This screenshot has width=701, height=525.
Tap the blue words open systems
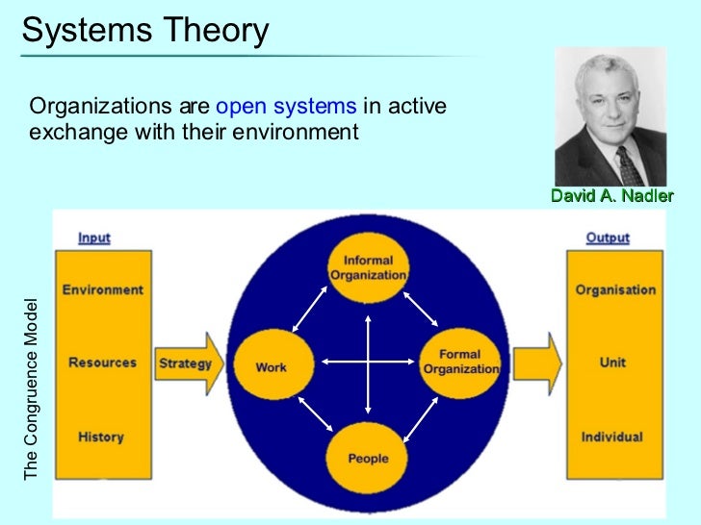(x=287, y=106)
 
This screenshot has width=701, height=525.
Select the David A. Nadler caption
(x=611, y=195)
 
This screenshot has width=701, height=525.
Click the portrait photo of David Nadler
(x=611, y=115)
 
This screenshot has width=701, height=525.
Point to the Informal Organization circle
(x=368, y=266)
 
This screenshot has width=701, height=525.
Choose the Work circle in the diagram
(x=273, y=366)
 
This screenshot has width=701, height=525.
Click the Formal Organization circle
(x=460, y=361)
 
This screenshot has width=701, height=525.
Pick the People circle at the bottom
(x=368, y=458)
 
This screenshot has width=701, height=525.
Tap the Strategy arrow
(x=190, y=363)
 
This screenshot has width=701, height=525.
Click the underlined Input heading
(x=94, y=237)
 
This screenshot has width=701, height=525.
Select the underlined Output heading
(x=608, y=237)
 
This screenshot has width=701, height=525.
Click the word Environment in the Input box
(x=103, y=289)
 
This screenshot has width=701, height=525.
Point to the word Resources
(x=102, y=363)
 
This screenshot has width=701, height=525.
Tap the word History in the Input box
(x=101, y=437)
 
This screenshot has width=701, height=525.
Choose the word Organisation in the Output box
(x=615, y=289)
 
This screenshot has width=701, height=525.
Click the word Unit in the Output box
(x=612, y=363)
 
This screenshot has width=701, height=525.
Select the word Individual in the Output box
(x=611, y=437)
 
